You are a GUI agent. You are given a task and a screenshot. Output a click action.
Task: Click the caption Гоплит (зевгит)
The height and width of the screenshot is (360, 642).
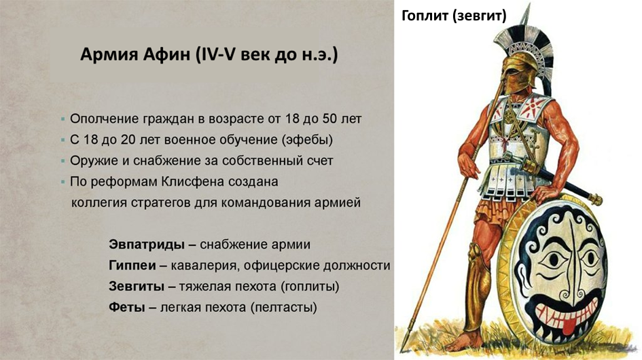pyautogui.click(x=453, y=16)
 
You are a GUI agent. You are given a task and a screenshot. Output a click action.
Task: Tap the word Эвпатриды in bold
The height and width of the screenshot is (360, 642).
pyautogui.click(x=143, y=244)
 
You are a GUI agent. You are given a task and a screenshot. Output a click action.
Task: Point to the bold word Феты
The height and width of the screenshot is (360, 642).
pyautogui.click(x=126, y=307)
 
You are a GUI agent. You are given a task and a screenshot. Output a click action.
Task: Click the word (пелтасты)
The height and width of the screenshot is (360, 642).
pyautogui.click(x=283, y=307)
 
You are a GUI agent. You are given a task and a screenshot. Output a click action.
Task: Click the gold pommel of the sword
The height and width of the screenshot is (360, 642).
pyautogui.click(x=598, y=199)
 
